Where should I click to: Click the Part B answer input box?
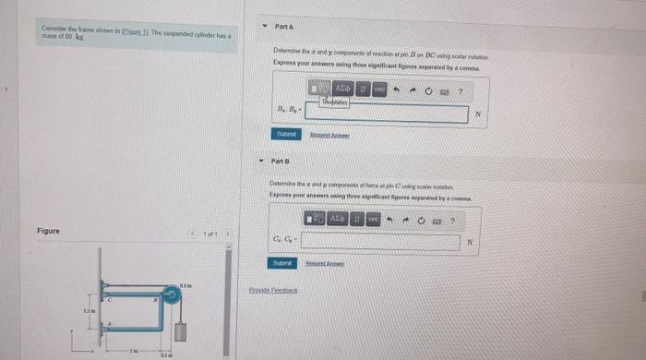tap(379, 243)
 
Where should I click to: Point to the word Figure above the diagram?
tap(49, 230)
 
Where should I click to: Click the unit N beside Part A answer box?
tap(476, 114)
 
